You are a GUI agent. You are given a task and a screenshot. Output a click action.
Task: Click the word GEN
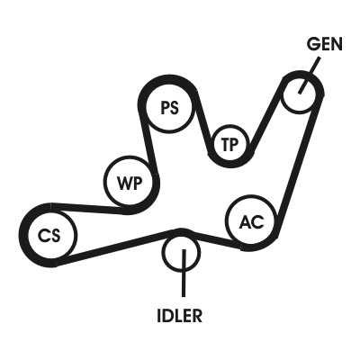click(325, 44)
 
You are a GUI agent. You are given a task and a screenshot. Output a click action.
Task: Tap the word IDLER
click(180, 315)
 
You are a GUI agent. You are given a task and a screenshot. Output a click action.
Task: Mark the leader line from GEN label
click(309, 76)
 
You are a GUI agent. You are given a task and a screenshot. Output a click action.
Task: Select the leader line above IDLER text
click(184, 273)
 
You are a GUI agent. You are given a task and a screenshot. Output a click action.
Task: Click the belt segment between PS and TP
click(203, 123)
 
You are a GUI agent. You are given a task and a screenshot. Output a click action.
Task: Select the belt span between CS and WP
click(89, 208)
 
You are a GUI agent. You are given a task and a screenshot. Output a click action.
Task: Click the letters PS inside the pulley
click(170, 108)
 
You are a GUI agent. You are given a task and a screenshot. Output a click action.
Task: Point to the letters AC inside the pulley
click(251, 222)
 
